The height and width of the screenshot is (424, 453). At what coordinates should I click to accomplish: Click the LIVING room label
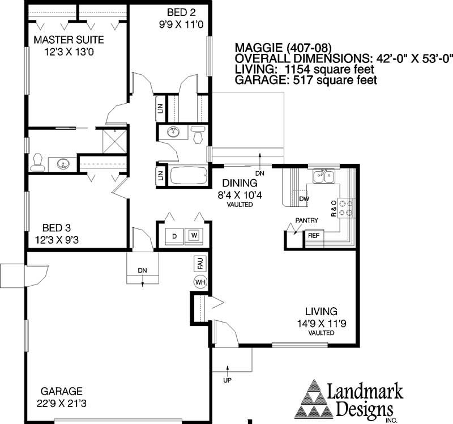tap(321, 311)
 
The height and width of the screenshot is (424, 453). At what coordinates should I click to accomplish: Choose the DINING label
tap(240, 183)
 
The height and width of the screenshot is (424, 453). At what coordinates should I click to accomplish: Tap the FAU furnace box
tap(199, 264)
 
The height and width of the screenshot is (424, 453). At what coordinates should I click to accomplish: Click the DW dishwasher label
tap(304, 199)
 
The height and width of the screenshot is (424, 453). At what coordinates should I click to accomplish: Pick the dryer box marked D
tap(174, 235)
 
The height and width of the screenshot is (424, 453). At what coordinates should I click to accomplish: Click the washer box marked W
tap(194, 235)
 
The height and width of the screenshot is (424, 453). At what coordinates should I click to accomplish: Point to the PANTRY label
tap(306, 221)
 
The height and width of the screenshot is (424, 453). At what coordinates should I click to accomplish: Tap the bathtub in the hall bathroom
tap(189, 176)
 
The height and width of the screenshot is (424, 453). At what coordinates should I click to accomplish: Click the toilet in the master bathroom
tap(39, 162)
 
